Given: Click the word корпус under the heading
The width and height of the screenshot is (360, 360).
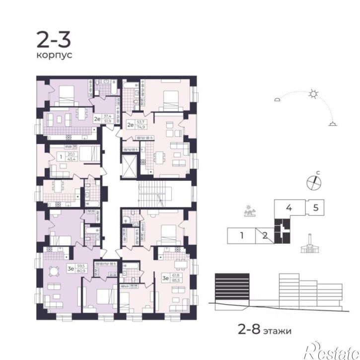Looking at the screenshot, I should pyautogui.click(x=54, y=55).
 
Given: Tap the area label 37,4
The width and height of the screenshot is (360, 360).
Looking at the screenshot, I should pyautogui.click(x=107, y=115).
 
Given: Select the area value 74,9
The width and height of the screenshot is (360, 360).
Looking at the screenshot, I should pyautogui.click(x=141, y=127).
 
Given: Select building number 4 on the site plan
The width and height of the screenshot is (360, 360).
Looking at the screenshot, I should pyautogui.click(x=288, y=207).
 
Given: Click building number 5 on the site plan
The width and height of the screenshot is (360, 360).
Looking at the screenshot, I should pyautogui.click(x=316, y=207).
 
